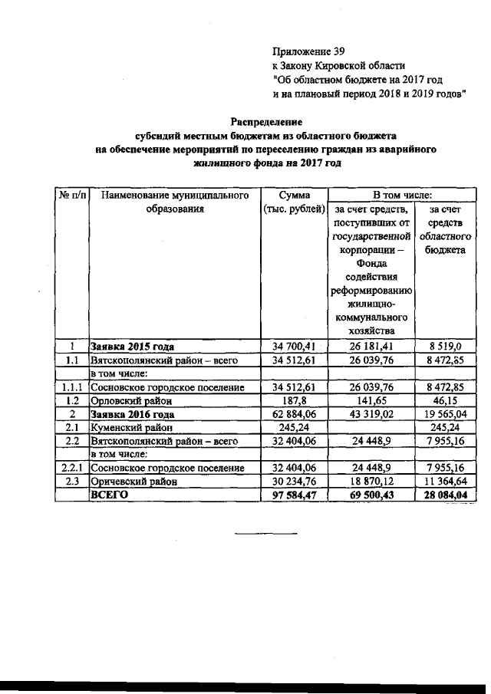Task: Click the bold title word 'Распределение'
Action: pyautogui.click(x=266, y=122)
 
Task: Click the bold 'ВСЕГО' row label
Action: pyautogui.click(x=108, y=495)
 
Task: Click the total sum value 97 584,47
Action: pyautogui.click(x=295, y=496)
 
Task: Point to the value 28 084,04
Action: pyautogui.click(x=446, y=496)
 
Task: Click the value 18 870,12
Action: pyautogui.click(x=372, y=482)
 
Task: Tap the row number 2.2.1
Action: pyautogui.click(x=71, y=468)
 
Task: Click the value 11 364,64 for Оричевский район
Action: pyautogui.click(x=446, y=482)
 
